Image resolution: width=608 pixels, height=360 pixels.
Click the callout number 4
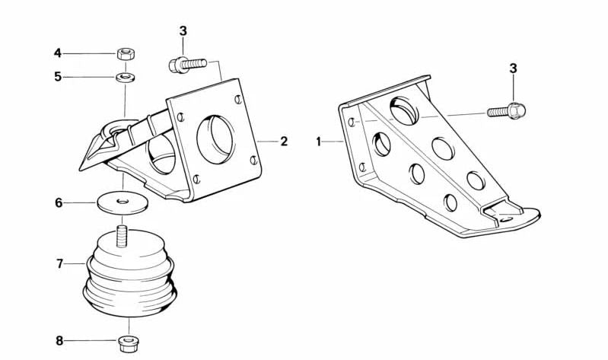(x=57, y=53)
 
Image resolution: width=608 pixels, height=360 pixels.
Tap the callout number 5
(x=57, y=77)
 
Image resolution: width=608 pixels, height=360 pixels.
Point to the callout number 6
(x=58, y=203)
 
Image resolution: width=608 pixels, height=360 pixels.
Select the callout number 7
(x=59, y=263)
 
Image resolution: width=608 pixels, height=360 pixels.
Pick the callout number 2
(x=284, y=142)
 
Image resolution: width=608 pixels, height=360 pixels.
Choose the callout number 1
(x=319, y=142)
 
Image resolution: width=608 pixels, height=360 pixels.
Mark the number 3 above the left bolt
(x=183, y=31)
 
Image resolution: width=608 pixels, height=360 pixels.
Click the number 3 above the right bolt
(x=513, y=68)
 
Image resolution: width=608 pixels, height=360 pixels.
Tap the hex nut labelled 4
(x=126, y=53)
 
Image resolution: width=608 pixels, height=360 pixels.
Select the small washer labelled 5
(x=126, y=77)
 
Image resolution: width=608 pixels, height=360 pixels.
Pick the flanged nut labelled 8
(x=127, y=343)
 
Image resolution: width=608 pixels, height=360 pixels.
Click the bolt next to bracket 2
(x=186, y=64)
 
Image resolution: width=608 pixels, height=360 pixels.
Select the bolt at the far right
(x=508, y=111)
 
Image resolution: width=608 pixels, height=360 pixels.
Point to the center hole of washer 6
(x=123, y=201)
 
